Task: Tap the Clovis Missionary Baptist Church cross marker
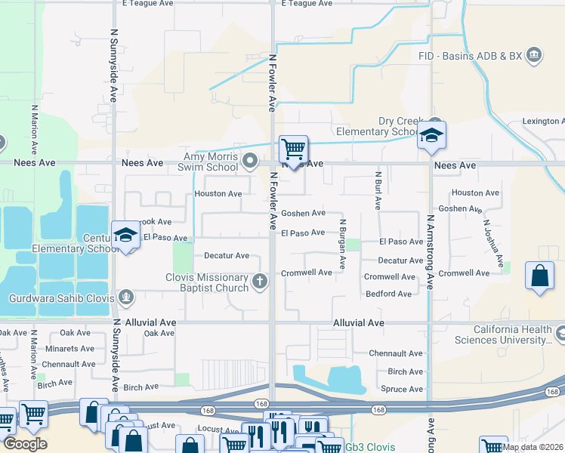[259, 282]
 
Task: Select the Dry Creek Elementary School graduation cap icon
[432, 134]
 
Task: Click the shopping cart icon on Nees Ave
[292, 148]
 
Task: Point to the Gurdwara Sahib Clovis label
[60, 298]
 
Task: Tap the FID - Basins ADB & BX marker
[534, 55]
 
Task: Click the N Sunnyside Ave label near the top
[114, 66]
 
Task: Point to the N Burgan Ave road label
[342, 245]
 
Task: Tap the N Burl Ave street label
[377, 190]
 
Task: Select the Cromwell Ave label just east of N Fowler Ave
[306, 273]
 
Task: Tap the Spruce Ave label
[405, 390]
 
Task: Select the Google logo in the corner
[24, 444]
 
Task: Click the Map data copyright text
[533, 447]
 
